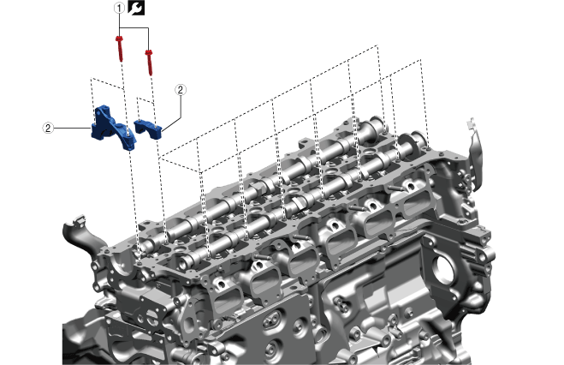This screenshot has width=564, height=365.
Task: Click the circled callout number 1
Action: (x=120, y=8)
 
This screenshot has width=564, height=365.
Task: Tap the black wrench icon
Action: (x=136, y=8)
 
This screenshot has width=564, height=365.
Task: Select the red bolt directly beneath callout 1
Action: (x=120, y=48)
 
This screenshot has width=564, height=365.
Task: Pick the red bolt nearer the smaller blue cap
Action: (x=149, y=63)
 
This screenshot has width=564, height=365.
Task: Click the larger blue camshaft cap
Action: (x=113, y=128)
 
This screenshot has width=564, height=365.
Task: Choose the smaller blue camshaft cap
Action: (x=148, y=129)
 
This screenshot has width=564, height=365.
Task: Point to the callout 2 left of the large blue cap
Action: (x=48, y=128)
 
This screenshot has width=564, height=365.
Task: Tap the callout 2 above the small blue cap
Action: (x=181, y=90)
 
